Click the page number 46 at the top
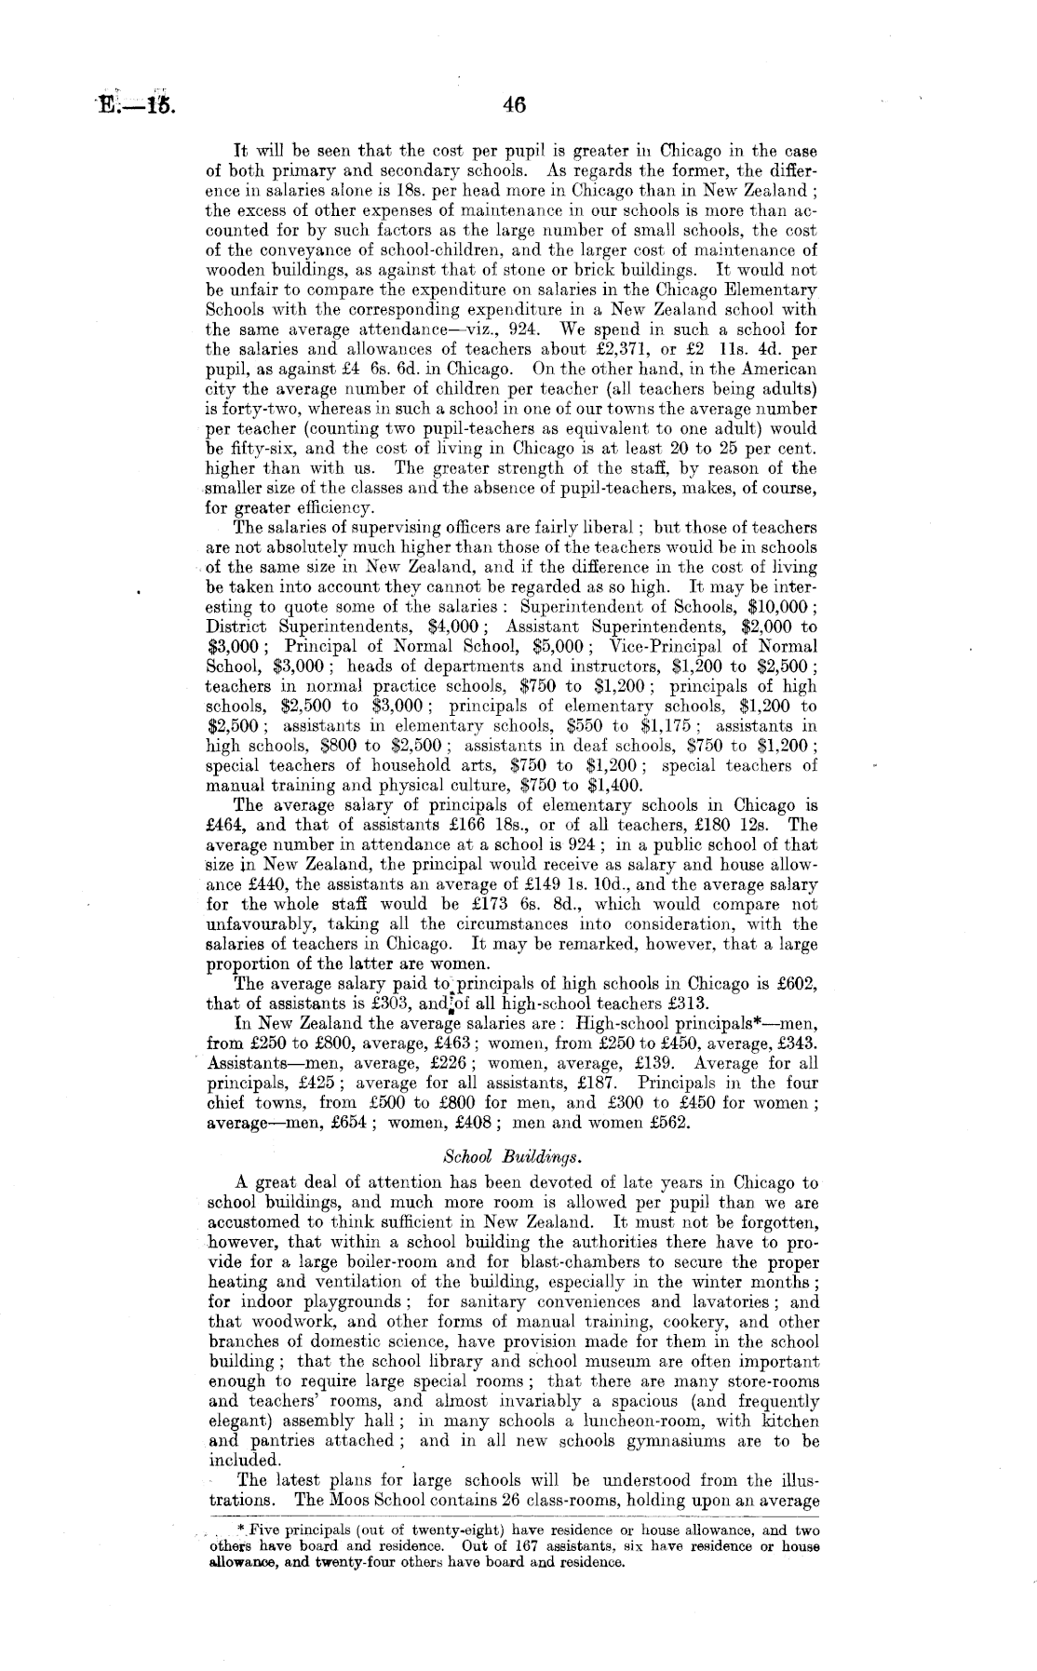[x=514, y=106]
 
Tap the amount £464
[x=223, y=825]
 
